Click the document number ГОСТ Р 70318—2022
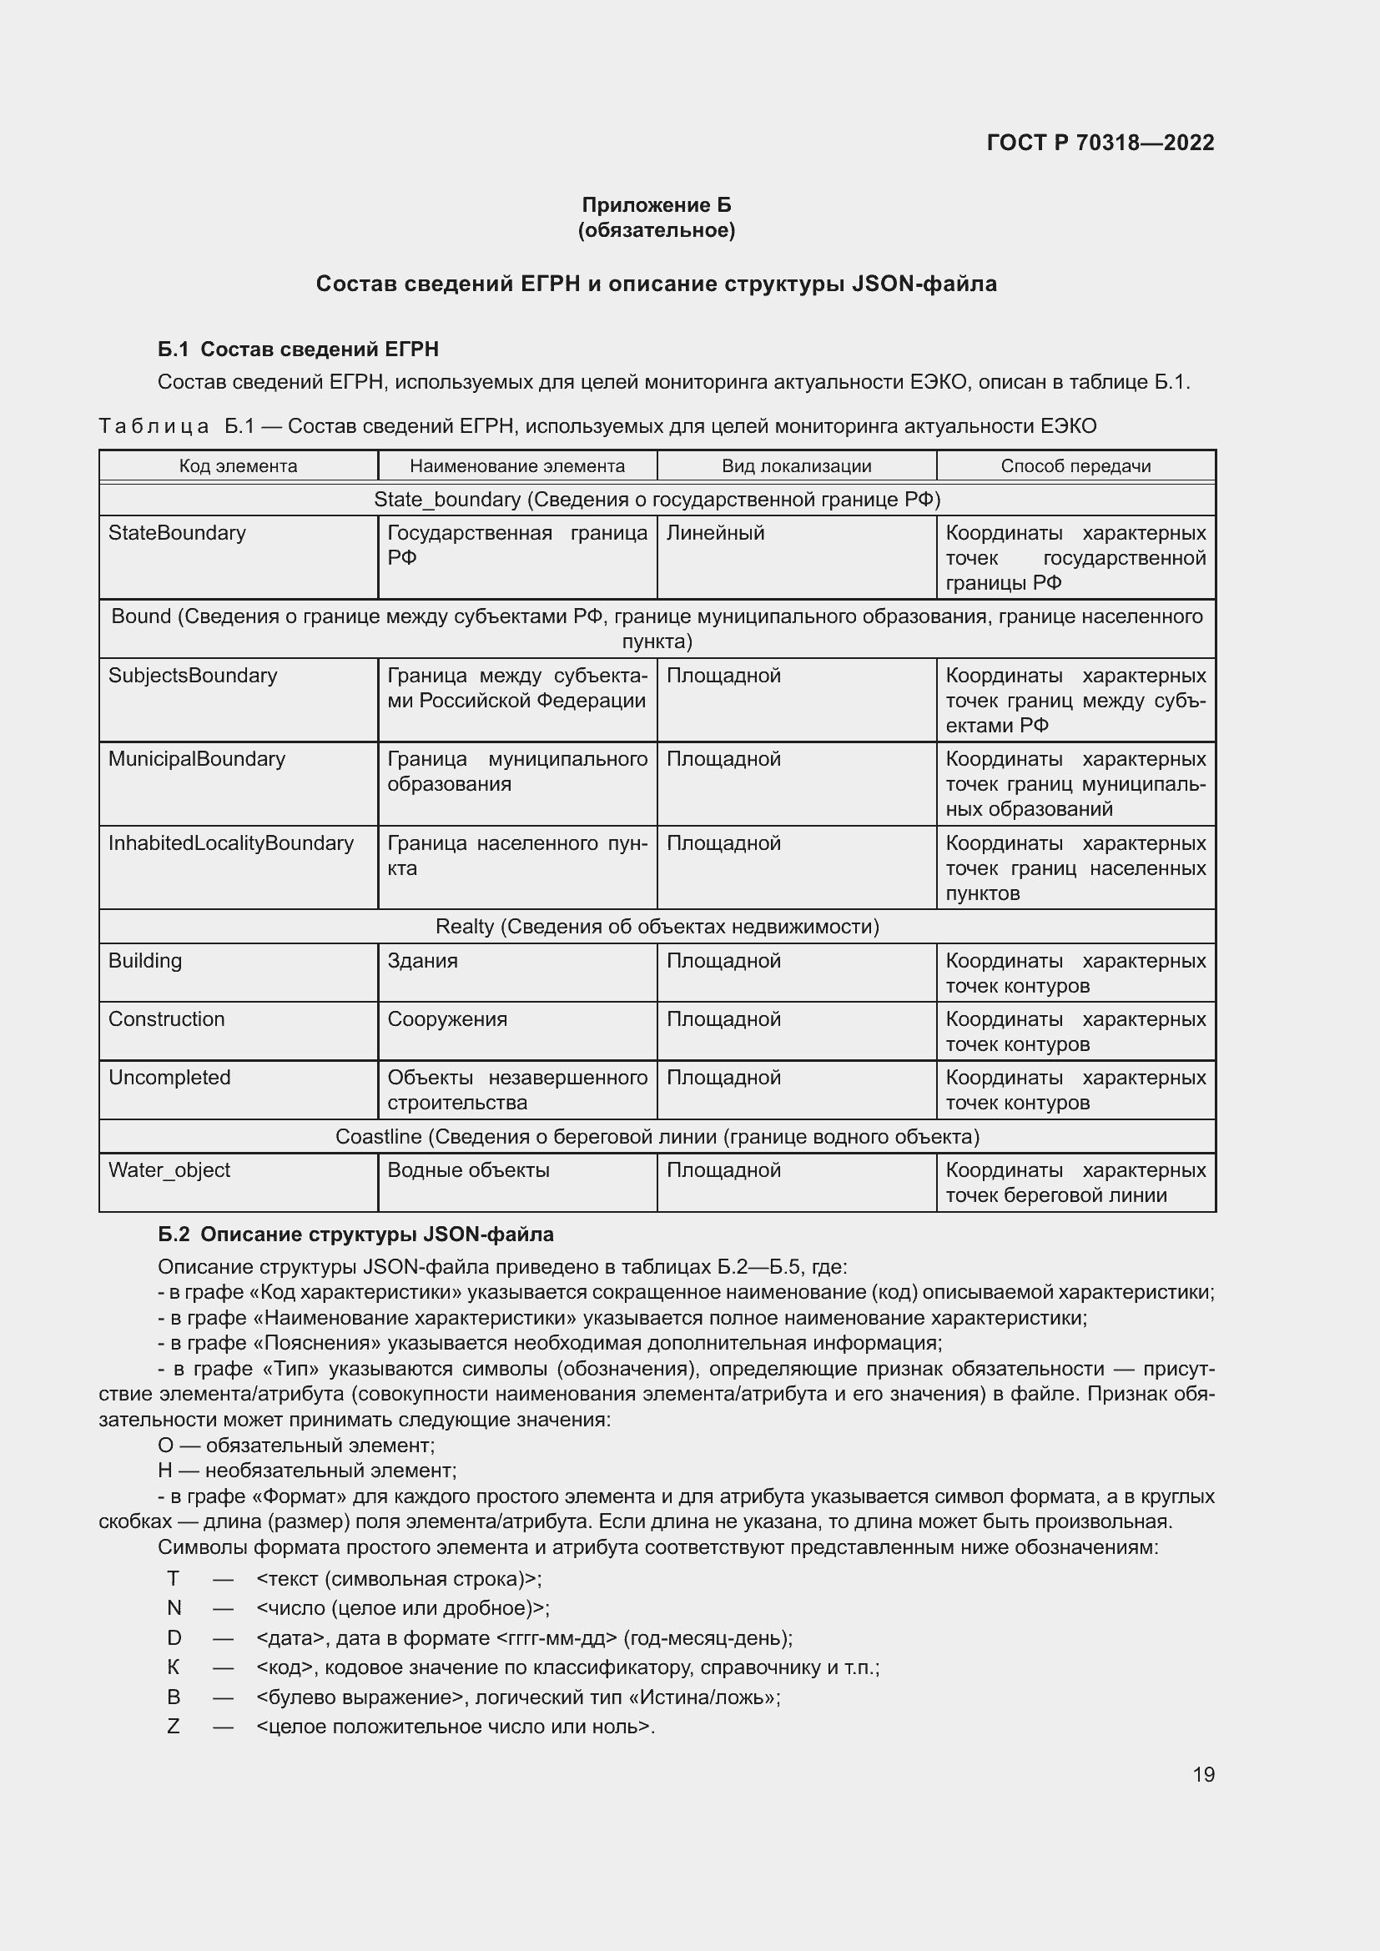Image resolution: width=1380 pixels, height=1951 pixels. pyautogui.click(x=1100, y=143)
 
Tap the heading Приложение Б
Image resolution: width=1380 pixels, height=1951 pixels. pyautogui.click(x=656, y=205)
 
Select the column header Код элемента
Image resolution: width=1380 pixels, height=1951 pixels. pyautogui.click(x=238, y=465)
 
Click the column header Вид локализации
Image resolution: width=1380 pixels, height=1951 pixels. pyautogui.click(x=796, y=465)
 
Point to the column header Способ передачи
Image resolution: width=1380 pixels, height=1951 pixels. pyautogui.click(x=1075, y=465)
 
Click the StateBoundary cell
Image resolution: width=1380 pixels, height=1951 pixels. pyautogui.click(x=177, y=533)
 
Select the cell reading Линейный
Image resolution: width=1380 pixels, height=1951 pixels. pyautogui.click(x=716, y=533)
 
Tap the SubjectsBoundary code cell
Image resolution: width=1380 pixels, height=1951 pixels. pyautogui.click(x=193, y=676)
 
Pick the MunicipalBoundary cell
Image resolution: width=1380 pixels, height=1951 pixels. pyautogui.click(x=196, y=759)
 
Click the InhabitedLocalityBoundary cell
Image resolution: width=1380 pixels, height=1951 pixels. pyautogui.click(x=230, y=843)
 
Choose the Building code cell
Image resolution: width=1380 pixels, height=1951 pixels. pyautogui.click(x=144, y=960)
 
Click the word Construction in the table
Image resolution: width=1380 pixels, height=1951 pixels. pyautogui.click(x=167, y=1018)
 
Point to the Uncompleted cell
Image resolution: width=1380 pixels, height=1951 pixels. pyautogui.click(x=169, y=1078)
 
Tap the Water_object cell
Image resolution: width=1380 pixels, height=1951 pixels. pyautogui.click(x=169, y=1170)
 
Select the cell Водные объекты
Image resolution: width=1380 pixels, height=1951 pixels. pyautogui.click(x=468, y=1170)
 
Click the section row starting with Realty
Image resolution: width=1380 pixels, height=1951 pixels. pyautogui.click(x=657, y=926)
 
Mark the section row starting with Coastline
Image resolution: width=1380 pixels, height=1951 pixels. pyautogui.click(x=657, y=1137)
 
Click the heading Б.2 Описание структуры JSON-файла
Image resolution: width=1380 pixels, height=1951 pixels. pyautogui.click(x=355, y=1234)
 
